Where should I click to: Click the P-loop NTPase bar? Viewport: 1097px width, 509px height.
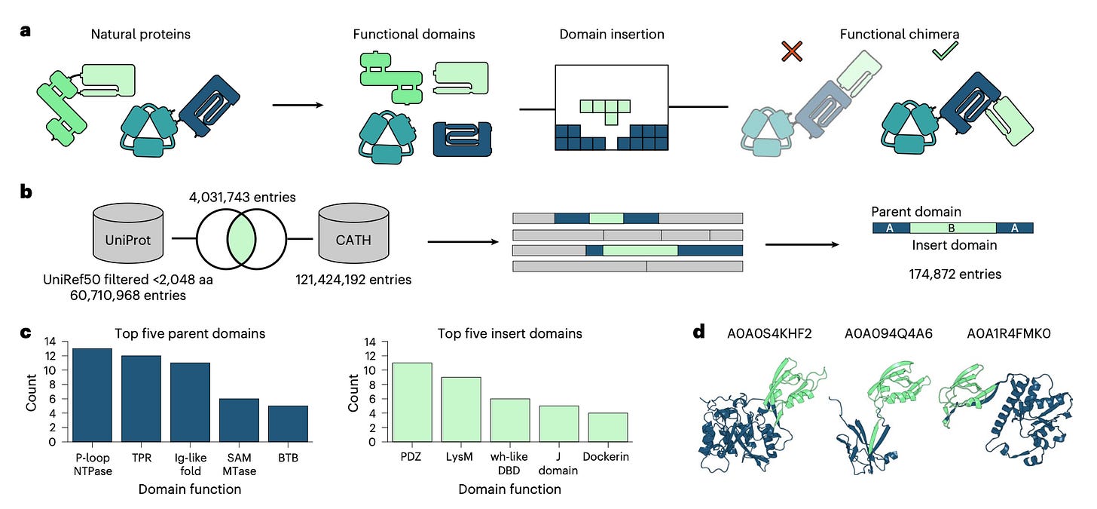click(x=91, y=395)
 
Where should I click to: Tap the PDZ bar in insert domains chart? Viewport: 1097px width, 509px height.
click(x=411, y=402)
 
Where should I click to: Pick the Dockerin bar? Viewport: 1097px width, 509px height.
click(x=607, y=427)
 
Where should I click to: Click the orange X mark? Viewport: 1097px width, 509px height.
click(x=792, y=52)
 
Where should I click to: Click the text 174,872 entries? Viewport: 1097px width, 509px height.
click(x=955, y=274)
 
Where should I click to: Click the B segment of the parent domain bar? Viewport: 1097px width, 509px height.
click(x=952, y=228)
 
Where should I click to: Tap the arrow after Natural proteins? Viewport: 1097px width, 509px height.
click(x=297, y=105)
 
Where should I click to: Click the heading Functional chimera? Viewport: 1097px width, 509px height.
click(x=894, y=34)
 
